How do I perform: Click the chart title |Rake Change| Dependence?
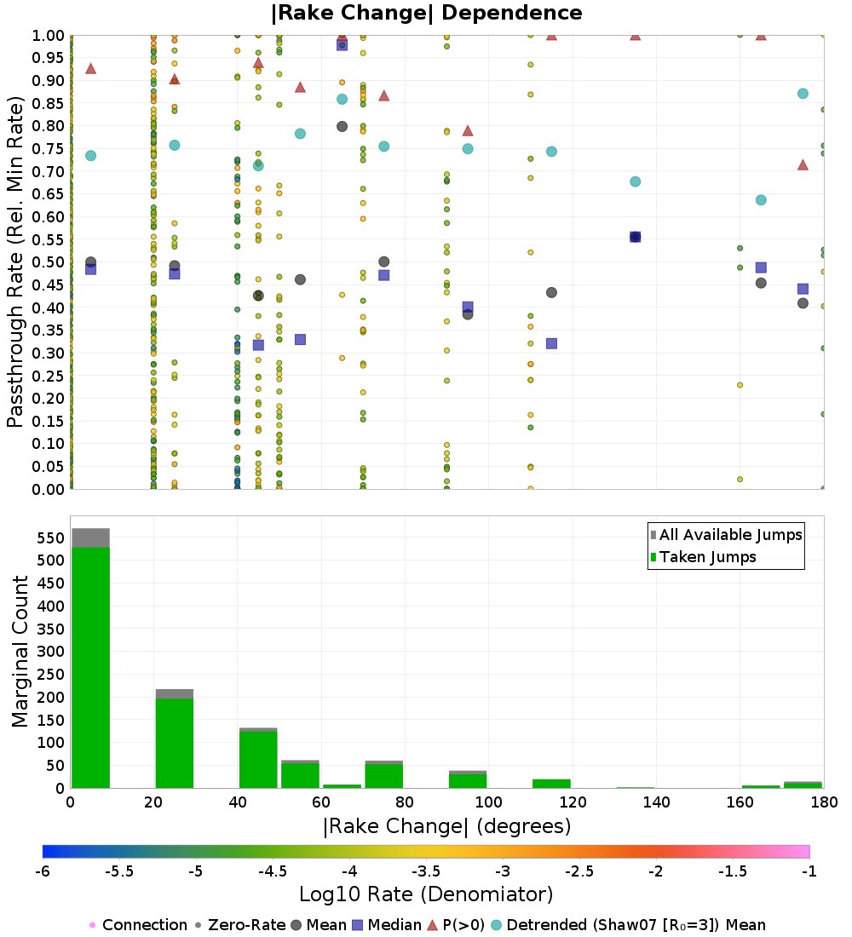tap(427, 13)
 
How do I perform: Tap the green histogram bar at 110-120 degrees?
tap(550, 784)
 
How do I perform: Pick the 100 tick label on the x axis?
tap(488, 802)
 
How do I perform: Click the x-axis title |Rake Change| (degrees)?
tap(446, 825)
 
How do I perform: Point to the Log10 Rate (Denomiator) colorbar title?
tap(427, 894)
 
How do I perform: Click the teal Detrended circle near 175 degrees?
tap(803, 94)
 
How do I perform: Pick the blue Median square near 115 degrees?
tap(551, 343)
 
